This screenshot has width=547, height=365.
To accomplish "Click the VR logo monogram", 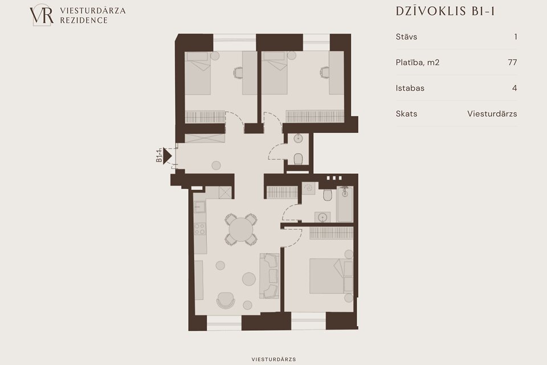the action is point(42,15).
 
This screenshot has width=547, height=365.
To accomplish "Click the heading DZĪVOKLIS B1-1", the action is point(446,11).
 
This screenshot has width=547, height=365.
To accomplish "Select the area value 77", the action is point(512,62).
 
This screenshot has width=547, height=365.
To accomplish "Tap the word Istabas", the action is point(410,88).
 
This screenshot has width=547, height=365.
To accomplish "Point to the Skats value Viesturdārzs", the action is point(492,113).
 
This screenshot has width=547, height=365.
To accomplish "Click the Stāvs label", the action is point(406,36).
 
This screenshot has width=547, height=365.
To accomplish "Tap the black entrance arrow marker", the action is point(168,156).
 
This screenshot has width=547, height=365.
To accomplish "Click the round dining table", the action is point(241,229).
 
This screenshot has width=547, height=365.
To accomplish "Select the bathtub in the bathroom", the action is point(345,204).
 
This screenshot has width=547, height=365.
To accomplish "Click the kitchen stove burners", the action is point(200,229).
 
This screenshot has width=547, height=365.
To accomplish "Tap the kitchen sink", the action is point(200,207).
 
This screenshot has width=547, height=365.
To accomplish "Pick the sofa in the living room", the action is point(269,276).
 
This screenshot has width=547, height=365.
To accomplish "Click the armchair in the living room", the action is point(226,301).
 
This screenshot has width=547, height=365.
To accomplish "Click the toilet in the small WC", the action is point(298,159).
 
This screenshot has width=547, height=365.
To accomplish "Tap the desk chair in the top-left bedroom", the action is point(238,72).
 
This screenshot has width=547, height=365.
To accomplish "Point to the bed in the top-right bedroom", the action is point(274,73).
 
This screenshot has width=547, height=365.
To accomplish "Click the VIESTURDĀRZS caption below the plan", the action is point(273,359).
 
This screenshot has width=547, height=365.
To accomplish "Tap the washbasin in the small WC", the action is point(298,139).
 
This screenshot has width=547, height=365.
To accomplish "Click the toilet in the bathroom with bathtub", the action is point(327,195).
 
